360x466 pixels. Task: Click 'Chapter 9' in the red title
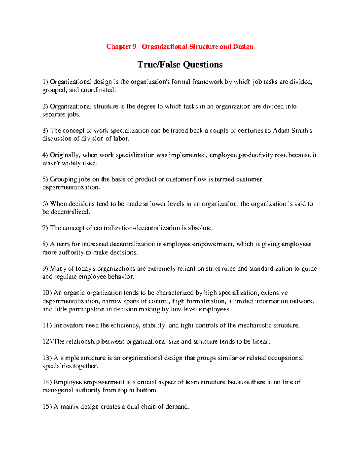pyautogui.click(x=119, y=47)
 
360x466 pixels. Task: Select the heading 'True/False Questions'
pyautogui.click(x=180, y=65)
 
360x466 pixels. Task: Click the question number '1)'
pyautogui.click(x=45, y=82)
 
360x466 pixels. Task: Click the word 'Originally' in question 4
pyautogui.click(x=64, y=155)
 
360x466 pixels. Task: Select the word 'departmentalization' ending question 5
pyautogui.click(x=70, y=188)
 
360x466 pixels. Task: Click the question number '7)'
pyautogui.click(x=45, y=228)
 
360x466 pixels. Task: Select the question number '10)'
pyautogui.click(x=47, y=293)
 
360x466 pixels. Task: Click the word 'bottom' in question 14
pyautogui.click(x=146, y=391)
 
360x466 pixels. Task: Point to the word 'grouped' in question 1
pyautogui.click(x=54, y=90)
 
